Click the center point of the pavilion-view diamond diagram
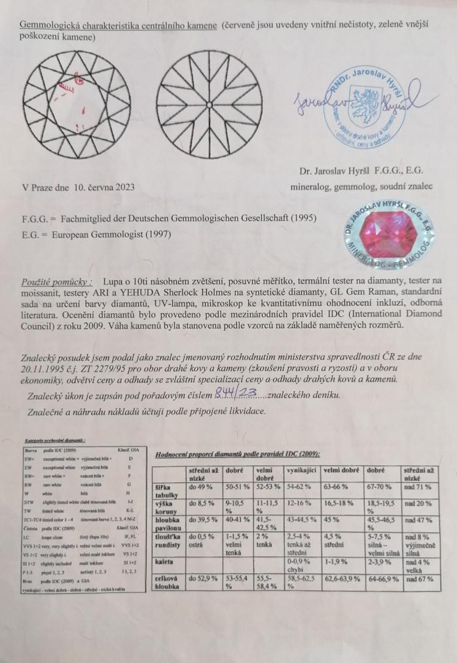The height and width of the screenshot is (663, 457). [208, 105]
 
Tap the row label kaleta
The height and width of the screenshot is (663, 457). [164, 560]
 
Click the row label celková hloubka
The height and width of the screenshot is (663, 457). [168, 583]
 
